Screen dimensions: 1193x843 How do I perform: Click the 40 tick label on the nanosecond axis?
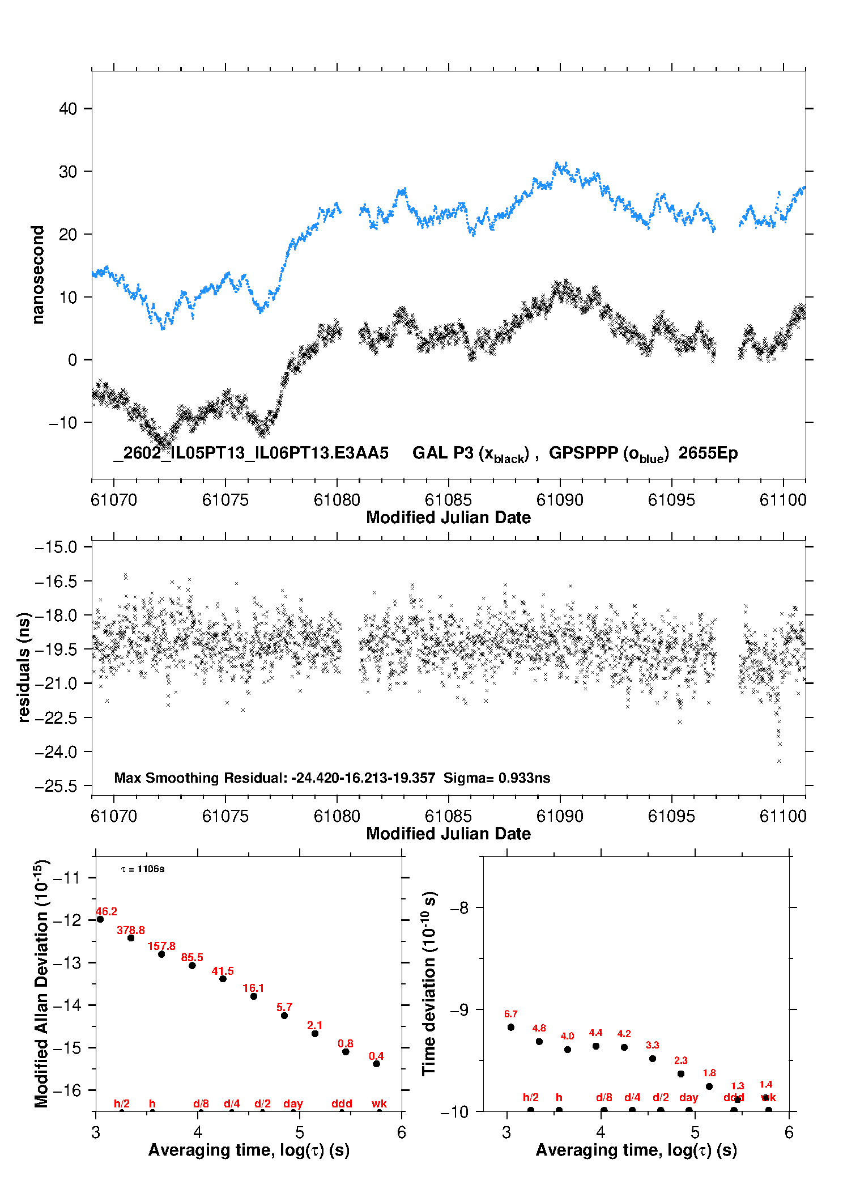click(x=68, y=109)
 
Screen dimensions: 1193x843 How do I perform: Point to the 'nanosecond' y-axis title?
click(x=38, y=275)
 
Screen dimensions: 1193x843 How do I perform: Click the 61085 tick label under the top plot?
click(x=448, y=500)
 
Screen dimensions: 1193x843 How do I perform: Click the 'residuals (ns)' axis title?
click(x=24, y=667)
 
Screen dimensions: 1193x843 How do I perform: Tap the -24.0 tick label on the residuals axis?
click(x=56, y=752)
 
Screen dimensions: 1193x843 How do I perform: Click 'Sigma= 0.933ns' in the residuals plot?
click(x=497, y=778)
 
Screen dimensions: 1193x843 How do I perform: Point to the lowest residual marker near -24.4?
click(x=780, y=761)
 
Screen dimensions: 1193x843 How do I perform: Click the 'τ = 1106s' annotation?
click(x=143, y=869)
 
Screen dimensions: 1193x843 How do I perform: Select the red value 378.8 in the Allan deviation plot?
click(x=131, y=930)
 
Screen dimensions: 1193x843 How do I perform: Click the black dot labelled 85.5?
click(x=192, y=965)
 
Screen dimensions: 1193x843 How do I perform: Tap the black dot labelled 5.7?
click(x=284, y=1016)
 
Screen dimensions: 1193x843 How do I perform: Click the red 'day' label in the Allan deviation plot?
click(x=293, y=1103)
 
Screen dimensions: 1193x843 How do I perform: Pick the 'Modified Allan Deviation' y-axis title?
click(x=41, y=984)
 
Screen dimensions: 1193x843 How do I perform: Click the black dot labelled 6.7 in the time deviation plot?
click(x=511, y=1027)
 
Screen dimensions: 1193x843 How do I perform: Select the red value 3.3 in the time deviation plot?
click(x=653, y=1045)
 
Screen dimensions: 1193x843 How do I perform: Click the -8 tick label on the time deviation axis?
click(x=459, y=908)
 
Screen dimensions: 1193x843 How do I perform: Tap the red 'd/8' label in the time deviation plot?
click(x=604, y=1098)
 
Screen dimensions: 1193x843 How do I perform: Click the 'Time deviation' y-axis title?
click(x=429, y=983)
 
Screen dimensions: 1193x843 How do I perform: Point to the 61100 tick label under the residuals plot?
click(x=783, y=816)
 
